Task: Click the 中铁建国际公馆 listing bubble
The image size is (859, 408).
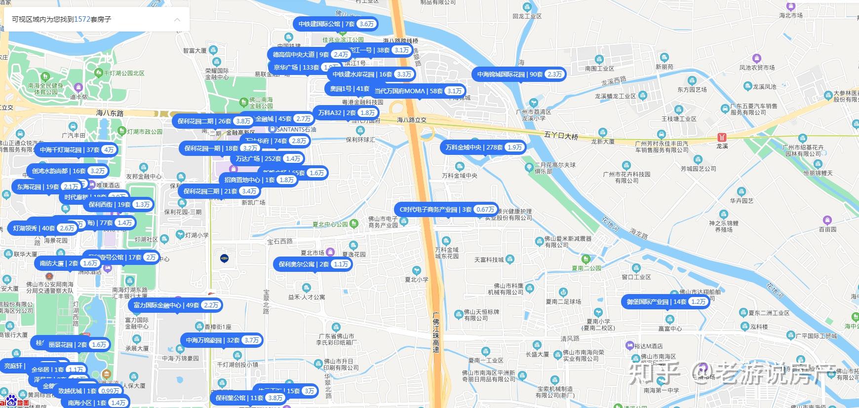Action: (326, 24)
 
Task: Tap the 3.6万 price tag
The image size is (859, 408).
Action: (367, 24)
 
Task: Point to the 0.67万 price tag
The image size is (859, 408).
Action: (485, 210)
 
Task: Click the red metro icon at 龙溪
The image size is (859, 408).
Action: (722, 137)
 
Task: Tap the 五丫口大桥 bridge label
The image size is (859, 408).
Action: (561, 135)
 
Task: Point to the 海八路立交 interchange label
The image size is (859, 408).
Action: (412, 120)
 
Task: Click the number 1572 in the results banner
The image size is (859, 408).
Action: (82, 19)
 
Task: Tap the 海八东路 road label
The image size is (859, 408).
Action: (110, 113)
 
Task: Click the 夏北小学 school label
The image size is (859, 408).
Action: (417, 279)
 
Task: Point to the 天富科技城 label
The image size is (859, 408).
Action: (489, 260)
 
